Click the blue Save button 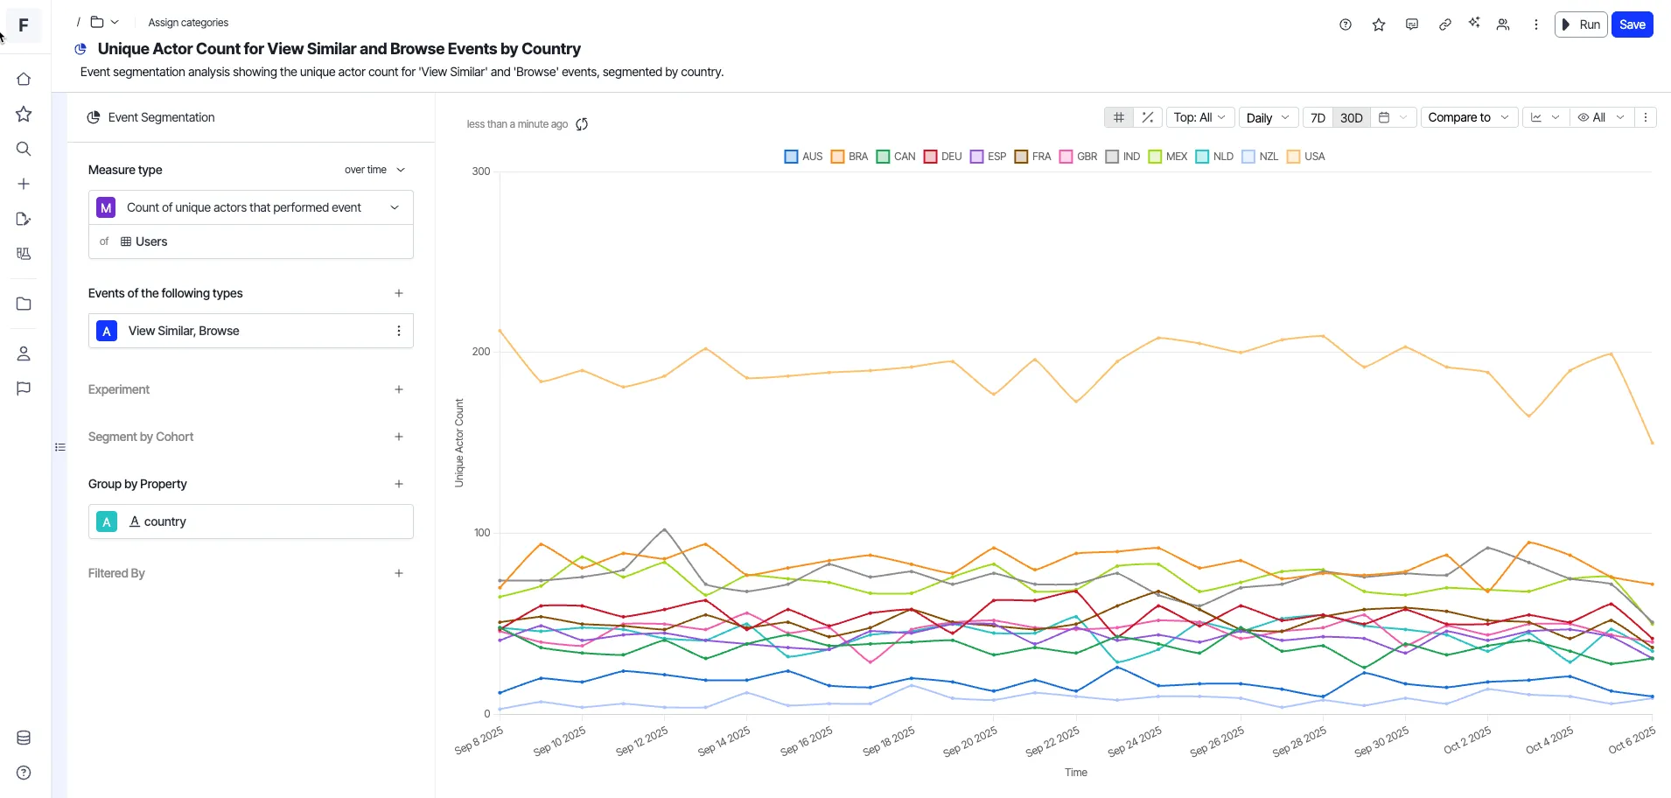pyautogui.click(x=1632, y=24)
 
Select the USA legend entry pyautogui.click(x=1305, y=157)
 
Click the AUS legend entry pyautogui.click(x=803, y=157)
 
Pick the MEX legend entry pyautogui.click(x=1168, y=157)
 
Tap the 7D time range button pyautogui.click(x=1318, y=117)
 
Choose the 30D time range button pyautogui.click(x=1351, y=117)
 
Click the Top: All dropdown pyautogui.click(x=1199, y=117)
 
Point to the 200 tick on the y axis pyautogui.click(x=481, y=352)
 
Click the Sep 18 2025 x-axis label pyautogui.click(x=889, y=740)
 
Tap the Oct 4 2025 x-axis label pyautogui.click(x=1549, y=740)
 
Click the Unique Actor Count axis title pyautogui.click(x=459, y=443)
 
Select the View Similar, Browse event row pyautogui.click(x=250, y=331)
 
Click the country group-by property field pyautogui.click(x=250, y=521)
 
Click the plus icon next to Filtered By pyautogui.click(x=399, y=573)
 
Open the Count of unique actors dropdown pyautogui.click(x=250, y=207)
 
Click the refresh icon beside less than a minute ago pyautogui.click(x=582, y=124)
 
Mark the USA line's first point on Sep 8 pyautogui.click(x=500, y=331)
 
